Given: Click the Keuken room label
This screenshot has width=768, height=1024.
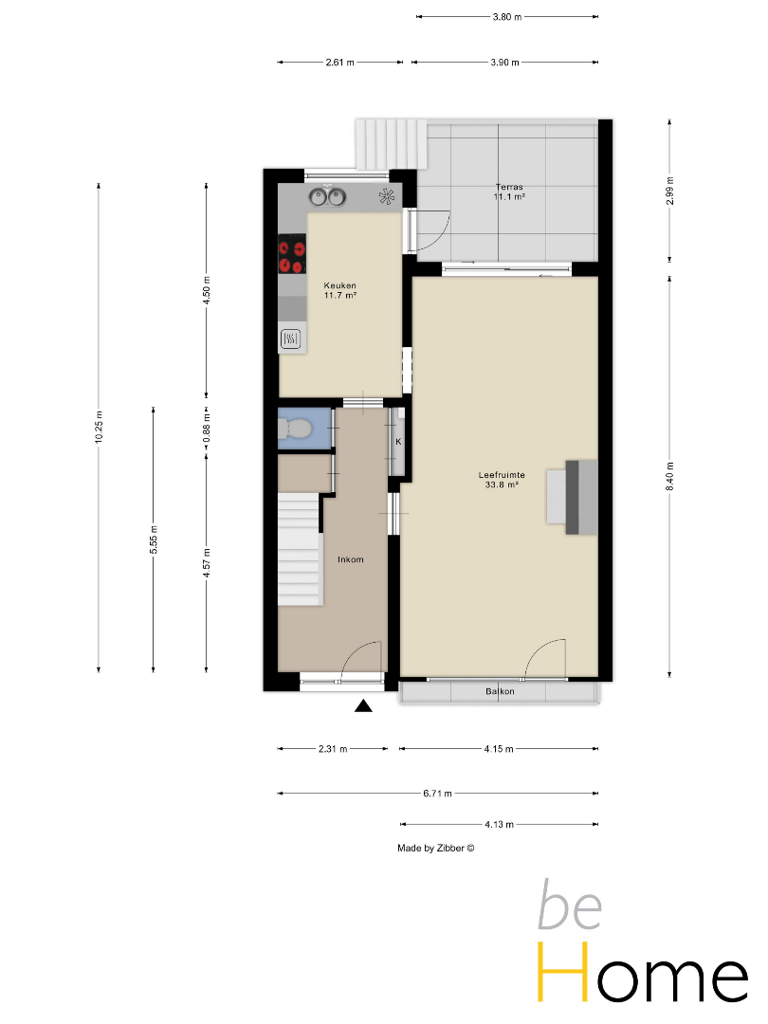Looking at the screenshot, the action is click(x=339, y=285).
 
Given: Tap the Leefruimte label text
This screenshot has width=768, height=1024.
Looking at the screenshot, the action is click(x=502, y=475).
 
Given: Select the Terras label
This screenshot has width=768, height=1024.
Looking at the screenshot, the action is click(x=509, y=187).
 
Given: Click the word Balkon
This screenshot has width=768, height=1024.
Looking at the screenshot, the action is click(x=501, y=691).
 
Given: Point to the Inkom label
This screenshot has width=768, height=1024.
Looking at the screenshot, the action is click(x=351, y=559).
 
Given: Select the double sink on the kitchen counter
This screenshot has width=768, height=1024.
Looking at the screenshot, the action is click(x=327, y=196).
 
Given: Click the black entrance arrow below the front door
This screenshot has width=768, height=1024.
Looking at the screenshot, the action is click(x=363, y=706).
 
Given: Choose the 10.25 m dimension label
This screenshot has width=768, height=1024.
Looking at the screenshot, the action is click(x=99, y=428).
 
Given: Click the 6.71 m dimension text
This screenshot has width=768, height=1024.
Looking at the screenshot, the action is click(x=437, y=794).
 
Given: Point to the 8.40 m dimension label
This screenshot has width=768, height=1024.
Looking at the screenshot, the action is click(x=669, y=476).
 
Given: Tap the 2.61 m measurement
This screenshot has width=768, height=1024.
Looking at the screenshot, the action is click(x=339, y=63).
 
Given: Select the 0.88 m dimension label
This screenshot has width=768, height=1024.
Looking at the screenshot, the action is click(x=207, y=428).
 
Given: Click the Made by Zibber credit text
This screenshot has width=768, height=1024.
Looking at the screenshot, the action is click(x=435, y=849).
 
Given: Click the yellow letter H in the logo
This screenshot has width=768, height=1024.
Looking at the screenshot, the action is click(x=563, y=972).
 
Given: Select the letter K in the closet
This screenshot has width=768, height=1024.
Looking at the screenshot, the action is click(x=398, y=442).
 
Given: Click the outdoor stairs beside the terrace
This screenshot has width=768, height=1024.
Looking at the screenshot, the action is click(x=391, y=143).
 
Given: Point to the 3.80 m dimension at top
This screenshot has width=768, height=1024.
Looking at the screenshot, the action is click(x=506, y=17).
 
